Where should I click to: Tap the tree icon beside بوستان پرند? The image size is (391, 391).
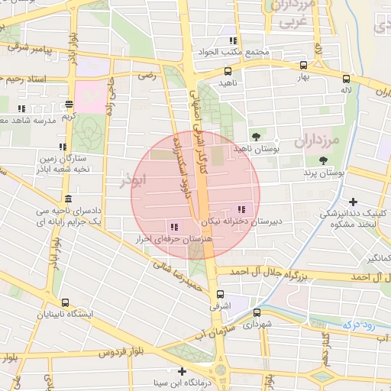point(324,160)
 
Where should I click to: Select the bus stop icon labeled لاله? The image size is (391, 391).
point(347,78)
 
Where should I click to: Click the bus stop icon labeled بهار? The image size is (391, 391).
point(304,66)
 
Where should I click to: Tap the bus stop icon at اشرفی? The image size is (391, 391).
point(220,293)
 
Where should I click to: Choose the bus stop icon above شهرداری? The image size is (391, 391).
point(257,312)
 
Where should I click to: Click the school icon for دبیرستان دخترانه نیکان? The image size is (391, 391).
point(242,209)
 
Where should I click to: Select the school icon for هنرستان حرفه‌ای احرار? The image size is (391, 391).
point(174,227)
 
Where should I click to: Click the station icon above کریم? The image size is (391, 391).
point(69,104)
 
